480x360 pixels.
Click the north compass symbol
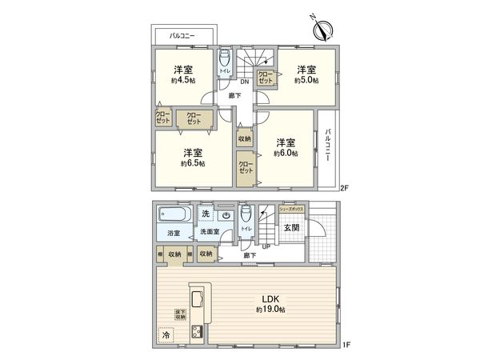[324, 30]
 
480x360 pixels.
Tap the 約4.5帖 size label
[184, 80]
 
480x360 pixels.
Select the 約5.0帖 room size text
[306, 80]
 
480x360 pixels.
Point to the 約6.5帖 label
[192, 163]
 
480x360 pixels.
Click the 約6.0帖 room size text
[285, 153]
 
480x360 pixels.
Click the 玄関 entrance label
[291, 227]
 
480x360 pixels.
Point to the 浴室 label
[174, 233]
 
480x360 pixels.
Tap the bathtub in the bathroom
[174, 214]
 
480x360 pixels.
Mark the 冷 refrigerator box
[166, 336]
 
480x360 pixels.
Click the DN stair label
[244, 80]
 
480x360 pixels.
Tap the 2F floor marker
[344, 189]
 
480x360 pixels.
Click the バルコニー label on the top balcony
[183, 36]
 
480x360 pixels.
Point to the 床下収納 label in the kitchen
[181, 316]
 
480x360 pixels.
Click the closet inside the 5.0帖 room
[266, 78]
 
